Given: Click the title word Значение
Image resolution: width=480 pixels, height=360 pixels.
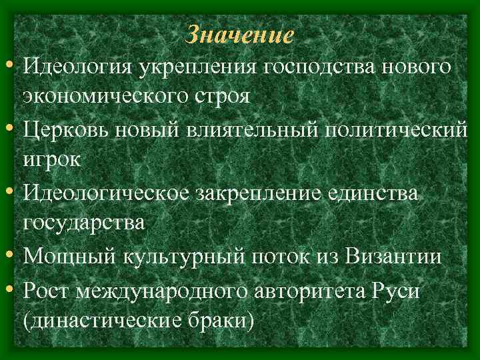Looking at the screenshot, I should pyautogui.click(x=239, y=34).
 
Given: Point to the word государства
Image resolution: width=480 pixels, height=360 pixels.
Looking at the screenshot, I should pyautogui.click(x=83, y=223).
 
